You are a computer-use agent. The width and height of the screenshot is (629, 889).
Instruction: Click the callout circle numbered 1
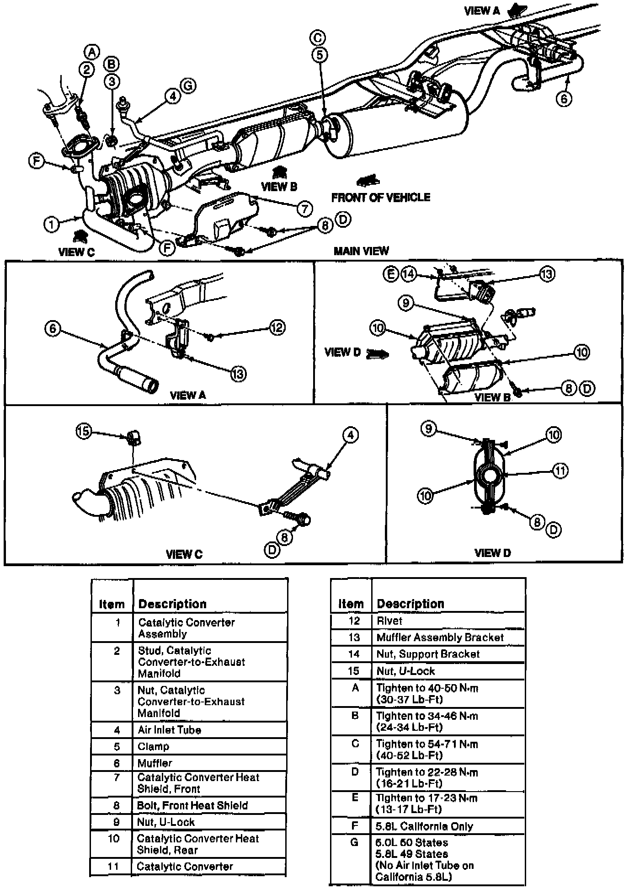click(x=51, y=225)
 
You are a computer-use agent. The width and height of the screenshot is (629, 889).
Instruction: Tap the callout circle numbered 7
click(x=304, y=209)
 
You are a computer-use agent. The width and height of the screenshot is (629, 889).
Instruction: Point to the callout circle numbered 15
click(x=84, y=432)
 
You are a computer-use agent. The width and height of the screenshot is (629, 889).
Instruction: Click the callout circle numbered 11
click(x=560, y=471)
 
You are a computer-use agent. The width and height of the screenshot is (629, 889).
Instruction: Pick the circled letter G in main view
click(x=188, y=85)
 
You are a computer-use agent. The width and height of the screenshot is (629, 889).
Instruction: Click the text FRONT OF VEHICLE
click(x=381, y=198)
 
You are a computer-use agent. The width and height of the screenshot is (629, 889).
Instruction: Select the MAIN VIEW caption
click(x=361, y=251)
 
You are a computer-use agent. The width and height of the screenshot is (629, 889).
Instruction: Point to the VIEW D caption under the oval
click(x=492, y=553)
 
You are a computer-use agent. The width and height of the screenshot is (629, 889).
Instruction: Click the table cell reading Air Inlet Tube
click(x=170, y=730)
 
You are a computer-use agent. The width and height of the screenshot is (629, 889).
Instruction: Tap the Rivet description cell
click(x=389, y=621)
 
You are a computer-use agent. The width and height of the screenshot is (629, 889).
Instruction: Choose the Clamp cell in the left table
click(x=154, y=747)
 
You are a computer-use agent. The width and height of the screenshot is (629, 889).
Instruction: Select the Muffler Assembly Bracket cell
click(x=440, y=637)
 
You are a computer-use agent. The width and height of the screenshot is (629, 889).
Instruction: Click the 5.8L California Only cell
click(x=424, y=826)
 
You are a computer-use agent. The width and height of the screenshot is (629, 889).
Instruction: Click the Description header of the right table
click(x=410, y=604)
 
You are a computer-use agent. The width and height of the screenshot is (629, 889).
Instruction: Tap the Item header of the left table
click(x=112, y=604)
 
